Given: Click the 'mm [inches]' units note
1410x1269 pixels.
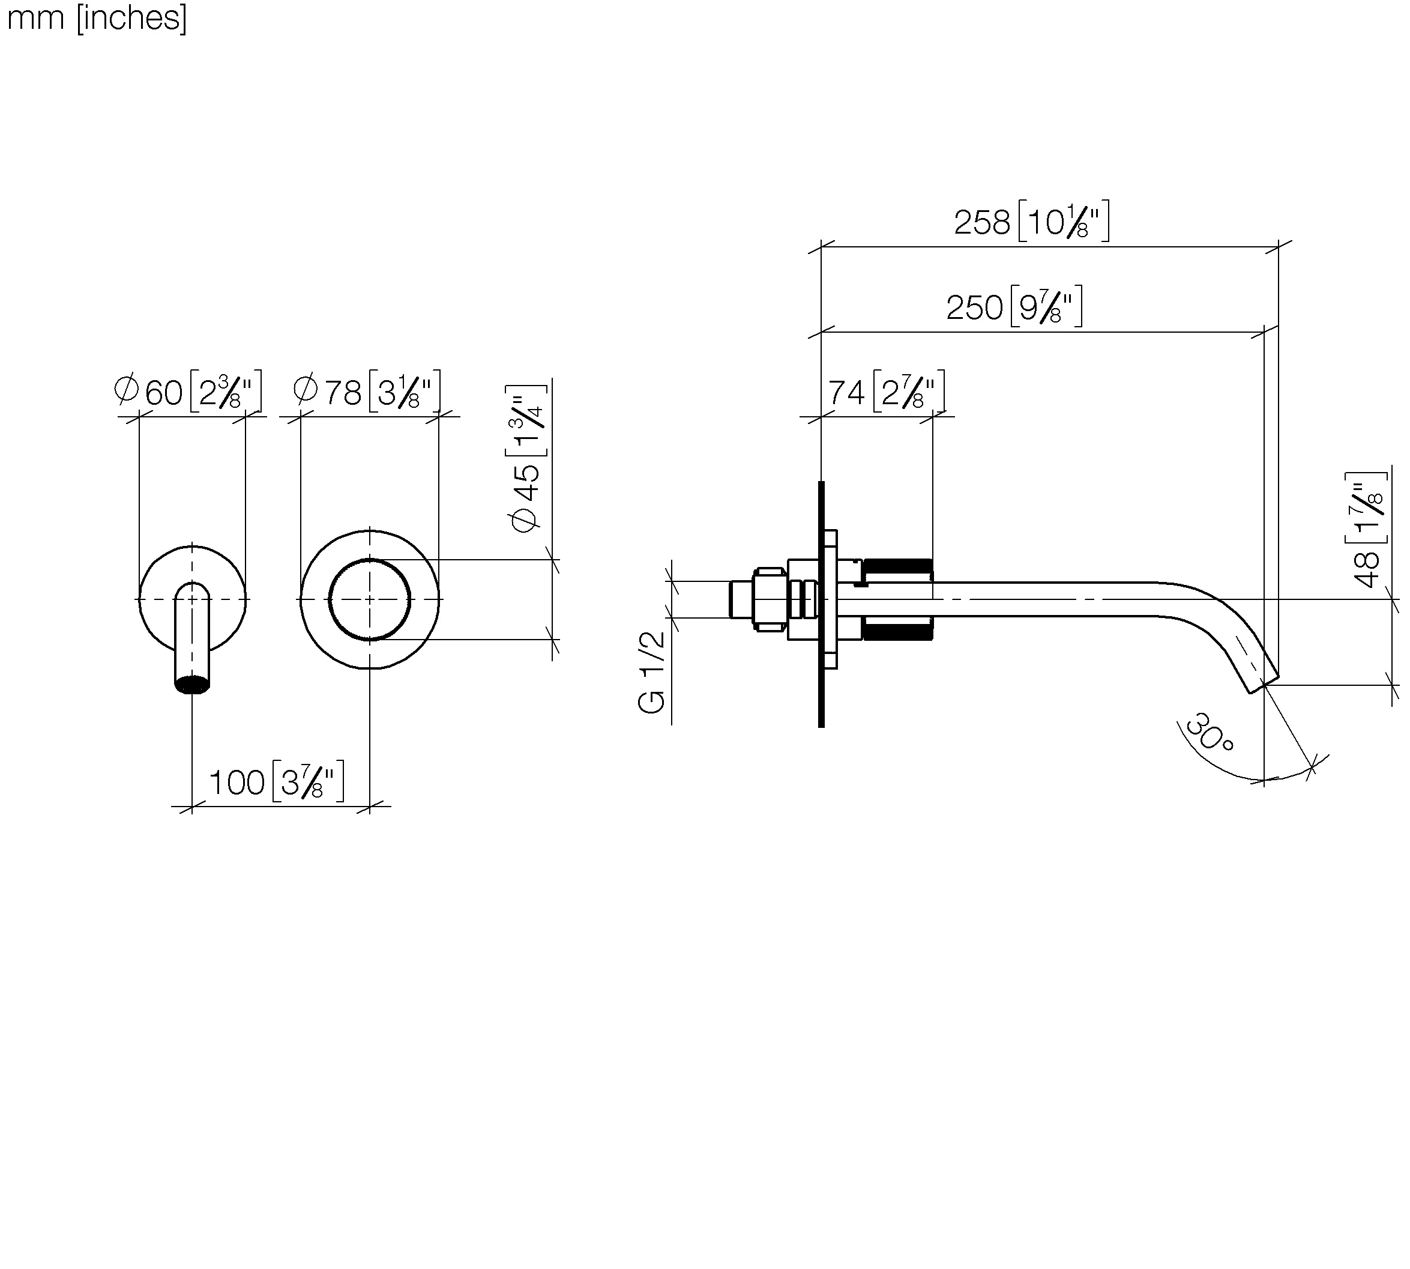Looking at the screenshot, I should (x=97, y=17).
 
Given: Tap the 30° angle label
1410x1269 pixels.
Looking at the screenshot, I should (x=1210, y=732).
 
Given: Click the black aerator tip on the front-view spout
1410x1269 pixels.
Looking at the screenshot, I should (x=191, y=685).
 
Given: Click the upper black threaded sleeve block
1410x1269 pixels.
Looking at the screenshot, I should (x=898, y=566).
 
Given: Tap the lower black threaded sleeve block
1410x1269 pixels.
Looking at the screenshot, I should (x=898, y=632).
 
